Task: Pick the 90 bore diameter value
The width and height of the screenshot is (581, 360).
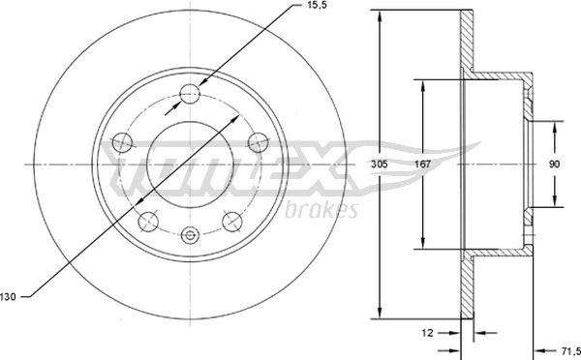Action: point(554,165)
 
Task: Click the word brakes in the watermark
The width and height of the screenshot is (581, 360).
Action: point(322,209)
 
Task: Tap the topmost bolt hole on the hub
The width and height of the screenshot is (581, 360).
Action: point(190,94)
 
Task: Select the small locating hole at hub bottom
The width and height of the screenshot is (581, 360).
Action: point(190,233)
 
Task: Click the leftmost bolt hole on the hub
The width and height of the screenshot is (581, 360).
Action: point(123,141)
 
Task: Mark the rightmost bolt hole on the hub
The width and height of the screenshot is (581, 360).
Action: point(257,142)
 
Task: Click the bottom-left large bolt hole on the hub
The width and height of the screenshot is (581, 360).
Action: point(148,222)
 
